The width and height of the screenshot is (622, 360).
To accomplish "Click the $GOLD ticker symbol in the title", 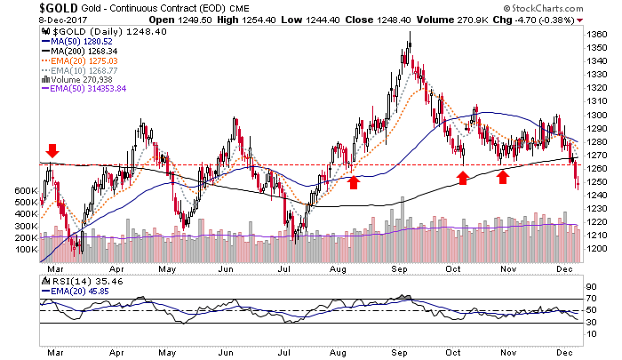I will click(27, 8).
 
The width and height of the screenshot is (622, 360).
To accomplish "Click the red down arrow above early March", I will click(52, 150).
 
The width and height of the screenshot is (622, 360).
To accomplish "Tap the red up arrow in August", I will click(354, 182).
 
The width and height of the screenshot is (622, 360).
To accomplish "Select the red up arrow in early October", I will click(462, 178).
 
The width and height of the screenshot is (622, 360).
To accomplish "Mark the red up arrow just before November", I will click(503, 177).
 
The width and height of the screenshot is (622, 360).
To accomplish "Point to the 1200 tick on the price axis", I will click(597, 248).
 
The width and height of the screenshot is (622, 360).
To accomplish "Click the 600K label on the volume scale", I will click(26, 190).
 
